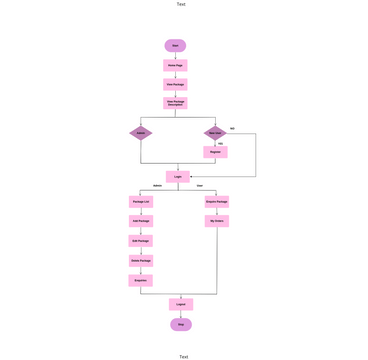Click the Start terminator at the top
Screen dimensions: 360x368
(x=175, y=45)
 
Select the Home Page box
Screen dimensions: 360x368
(x=175, y=65)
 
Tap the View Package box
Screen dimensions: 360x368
(x=175, y=84)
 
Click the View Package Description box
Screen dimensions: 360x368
(x=175, y=103)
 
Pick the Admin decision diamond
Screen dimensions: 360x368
(x=140, y=132)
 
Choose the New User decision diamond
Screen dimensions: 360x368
(x=215, y=132)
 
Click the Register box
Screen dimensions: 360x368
(x=215, y=152)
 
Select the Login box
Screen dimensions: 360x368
(x=178, y=176)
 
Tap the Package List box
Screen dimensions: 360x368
(x=140, y=201)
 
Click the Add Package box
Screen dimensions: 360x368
(x=140, y=220)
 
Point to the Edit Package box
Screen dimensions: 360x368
(x=140, y=241)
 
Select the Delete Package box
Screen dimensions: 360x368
(x=140, y=260)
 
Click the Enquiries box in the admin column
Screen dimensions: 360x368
(x=140, y=280)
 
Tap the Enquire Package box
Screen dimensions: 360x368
(x=217, y=201)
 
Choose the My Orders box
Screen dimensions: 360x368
(x=217, y=220)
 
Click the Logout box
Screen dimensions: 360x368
(x=181, y=304)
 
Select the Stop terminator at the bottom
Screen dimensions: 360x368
(x=181, y=324)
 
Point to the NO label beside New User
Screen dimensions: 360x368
(x=232, y=128)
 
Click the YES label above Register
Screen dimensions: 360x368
(x=220, y=143)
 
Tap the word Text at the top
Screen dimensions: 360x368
(x=181, y=4)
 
